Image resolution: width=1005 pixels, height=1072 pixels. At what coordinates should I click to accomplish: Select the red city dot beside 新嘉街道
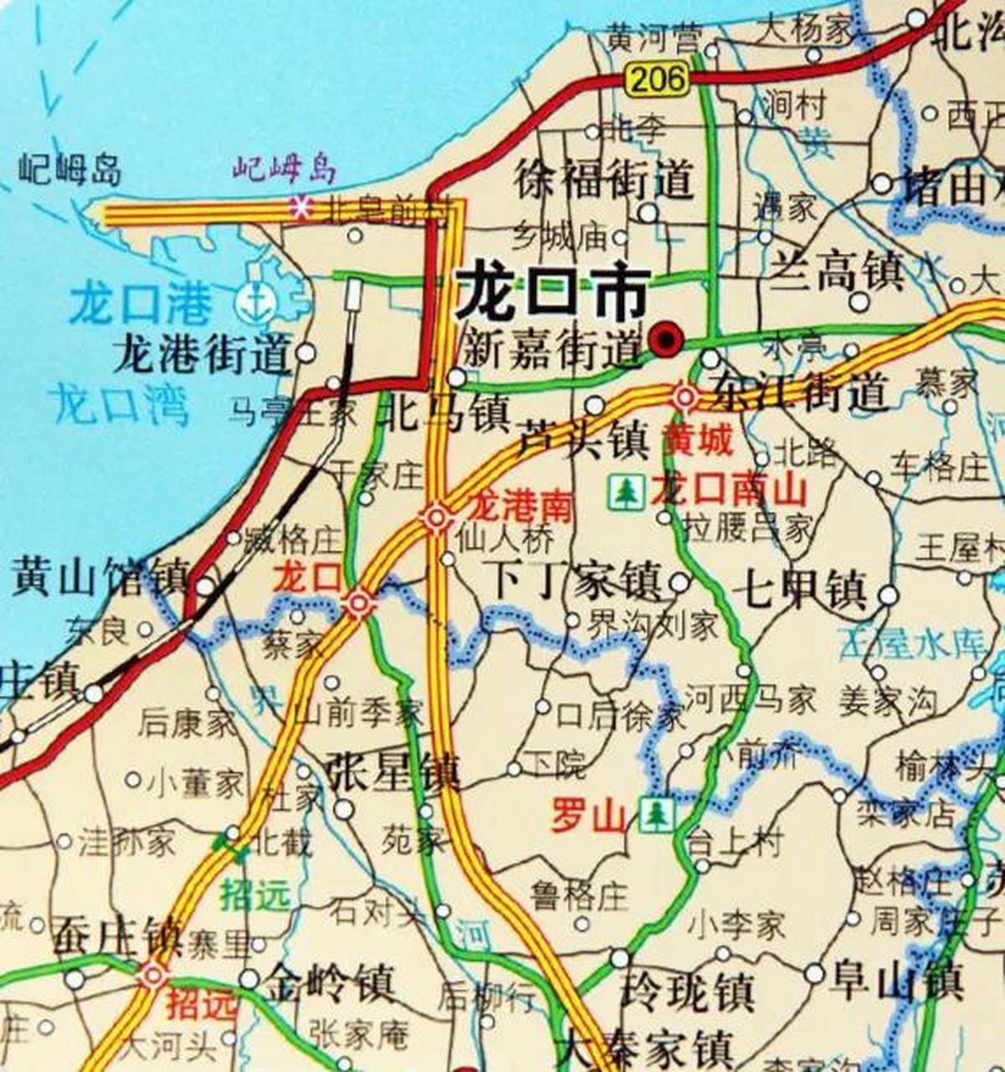tap(666, 340)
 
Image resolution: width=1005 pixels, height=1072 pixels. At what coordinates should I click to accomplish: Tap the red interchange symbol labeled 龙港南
tap(436, 517)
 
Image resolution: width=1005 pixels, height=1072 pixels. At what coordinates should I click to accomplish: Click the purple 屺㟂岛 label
tap(284, 170)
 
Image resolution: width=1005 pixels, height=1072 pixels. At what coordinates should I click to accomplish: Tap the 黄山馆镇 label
tap(99, 577)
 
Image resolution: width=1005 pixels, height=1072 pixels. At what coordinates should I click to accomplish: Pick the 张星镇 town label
tap(393, 772)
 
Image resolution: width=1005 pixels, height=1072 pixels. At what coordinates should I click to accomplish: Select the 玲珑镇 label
tap(687, 992)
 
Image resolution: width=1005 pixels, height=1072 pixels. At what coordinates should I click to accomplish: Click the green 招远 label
tap(255, 896)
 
